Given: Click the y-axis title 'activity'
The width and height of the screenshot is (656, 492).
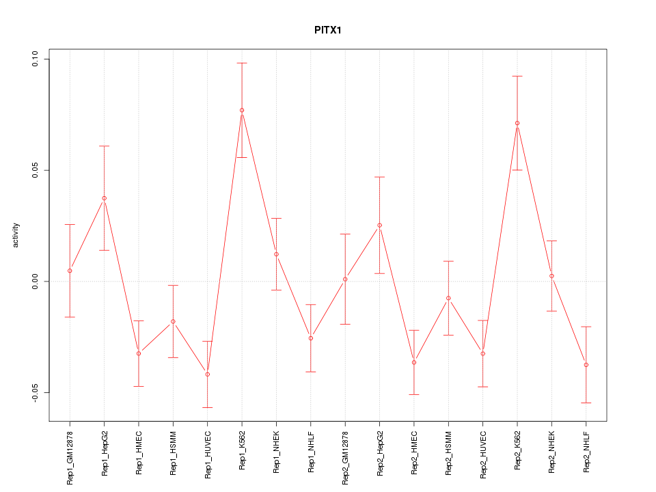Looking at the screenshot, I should coord(16,234).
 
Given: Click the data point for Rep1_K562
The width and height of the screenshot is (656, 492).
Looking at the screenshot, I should coord(242,110).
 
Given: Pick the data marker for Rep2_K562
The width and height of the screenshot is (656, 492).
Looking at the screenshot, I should coord(517,123).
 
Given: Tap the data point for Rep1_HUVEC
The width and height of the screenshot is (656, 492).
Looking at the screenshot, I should coord(208,374).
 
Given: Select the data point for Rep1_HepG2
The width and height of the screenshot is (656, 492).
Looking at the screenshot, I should coord(105,198).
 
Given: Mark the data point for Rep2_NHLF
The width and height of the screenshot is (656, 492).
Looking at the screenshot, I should coord(586,365).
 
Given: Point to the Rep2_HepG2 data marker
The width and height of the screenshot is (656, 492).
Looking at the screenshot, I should coord(380,225).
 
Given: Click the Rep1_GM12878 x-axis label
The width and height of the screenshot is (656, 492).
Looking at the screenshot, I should coord(70,456).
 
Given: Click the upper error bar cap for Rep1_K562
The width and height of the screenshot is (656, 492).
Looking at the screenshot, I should coord(242,63).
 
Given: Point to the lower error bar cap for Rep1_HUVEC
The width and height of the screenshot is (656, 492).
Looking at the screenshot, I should coord(208,407).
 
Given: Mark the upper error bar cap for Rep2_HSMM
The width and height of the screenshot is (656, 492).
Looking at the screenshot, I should coord(449,261).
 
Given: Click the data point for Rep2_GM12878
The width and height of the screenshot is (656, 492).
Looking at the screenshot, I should coord(345,279).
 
